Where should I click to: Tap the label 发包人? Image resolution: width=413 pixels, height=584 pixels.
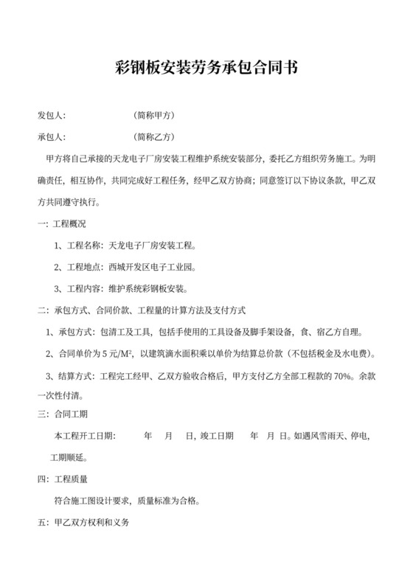[51, 117]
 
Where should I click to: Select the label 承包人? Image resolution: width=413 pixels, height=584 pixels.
[51, 137]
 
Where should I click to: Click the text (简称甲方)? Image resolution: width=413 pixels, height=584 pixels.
[154, 117]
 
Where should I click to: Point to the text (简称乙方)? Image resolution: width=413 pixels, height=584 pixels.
[154, 137]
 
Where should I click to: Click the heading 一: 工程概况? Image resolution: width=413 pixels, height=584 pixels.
[61, 224]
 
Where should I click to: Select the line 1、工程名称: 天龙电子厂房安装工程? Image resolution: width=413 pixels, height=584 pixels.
[126, 246]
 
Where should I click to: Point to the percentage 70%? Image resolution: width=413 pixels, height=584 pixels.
[339, 375]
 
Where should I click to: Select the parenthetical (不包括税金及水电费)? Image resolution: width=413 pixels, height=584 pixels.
[333, 353]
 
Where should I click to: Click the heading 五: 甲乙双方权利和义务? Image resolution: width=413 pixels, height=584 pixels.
[83, 523]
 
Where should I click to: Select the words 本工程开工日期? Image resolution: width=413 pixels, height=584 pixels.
[84, 437]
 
